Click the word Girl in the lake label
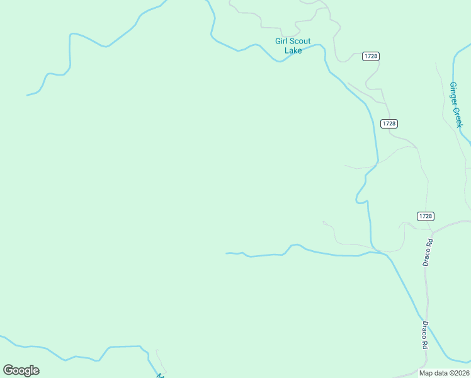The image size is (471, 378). [282, 42]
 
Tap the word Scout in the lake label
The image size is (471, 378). [300, 42]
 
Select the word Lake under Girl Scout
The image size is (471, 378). [293, 50]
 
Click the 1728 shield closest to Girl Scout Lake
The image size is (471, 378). [370, 57]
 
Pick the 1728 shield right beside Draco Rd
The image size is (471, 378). [426, 216]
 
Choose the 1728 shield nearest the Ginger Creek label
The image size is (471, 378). [389, 123]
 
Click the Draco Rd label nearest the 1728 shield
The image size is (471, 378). [429, 251]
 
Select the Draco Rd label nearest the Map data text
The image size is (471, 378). [425, 335]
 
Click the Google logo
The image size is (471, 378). [21, 370]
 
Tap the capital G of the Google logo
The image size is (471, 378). [8, 370]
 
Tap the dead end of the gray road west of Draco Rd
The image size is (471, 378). [323, 222]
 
